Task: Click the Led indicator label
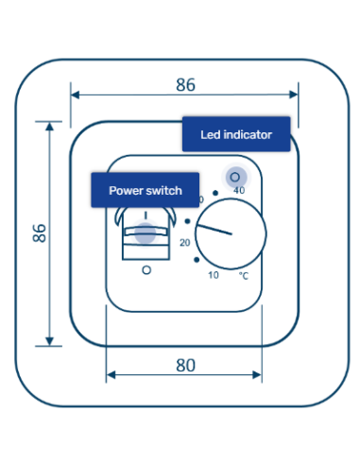click(x=236, y=135)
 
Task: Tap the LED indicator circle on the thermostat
click(x=234, y=176)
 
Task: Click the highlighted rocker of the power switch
click(x=145, y=232)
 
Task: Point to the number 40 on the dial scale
click(x=239, y=191)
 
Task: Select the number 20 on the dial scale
click(x=184, y=243)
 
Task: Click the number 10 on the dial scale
click(x=213, y=275)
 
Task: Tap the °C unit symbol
click(x=244, y=276)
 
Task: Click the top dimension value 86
click(x=185, y=84)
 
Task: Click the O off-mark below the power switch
click(x=146, y=270)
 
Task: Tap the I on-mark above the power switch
click(x=146, y=215)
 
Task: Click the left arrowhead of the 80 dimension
click(x=111, y=375)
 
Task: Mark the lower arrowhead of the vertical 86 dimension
click(x=49, y=342)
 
